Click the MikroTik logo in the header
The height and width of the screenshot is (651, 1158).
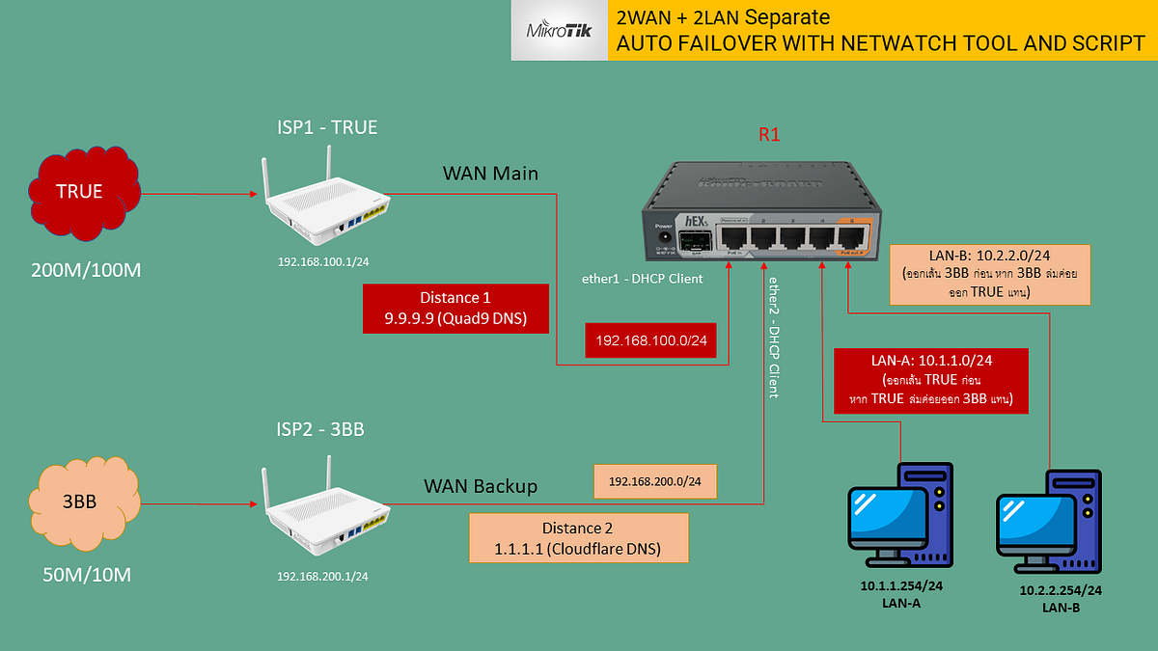tap(559, 31)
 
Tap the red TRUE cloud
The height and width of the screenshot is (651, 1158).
tap(79, 191)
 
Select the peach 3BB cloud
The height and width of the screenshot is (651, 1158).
tap(79, 502)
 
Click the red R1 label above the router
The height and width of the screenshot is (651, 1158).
tap(768, 135)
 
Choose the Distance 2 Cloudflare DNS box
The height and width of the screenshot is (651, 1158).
tap(578, 538)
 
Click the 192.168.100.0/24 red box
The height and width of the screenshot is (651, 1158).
tap(650, 339)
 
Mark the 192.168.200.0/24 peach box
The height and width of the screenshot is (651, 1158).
tap(655, 480)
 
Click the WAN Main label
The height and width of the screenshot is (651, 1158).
tap(491, 174)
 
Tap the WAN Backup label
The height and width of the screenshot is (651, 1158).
tap(481, 486)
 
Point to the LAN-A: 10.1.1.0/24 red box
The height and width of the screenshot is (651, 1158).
tap(931, 382)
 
